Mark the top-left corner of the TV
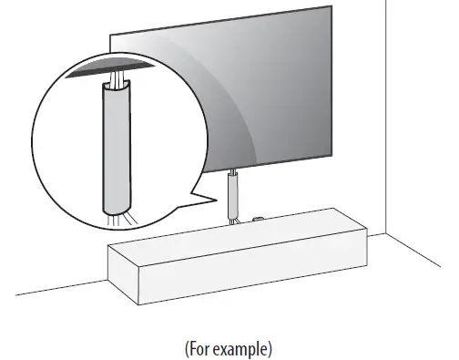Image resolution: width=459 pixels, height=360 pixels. [x=110, y=36]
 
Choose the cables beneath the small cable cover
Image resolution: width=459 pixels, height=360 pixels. [x=233, y=216]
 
